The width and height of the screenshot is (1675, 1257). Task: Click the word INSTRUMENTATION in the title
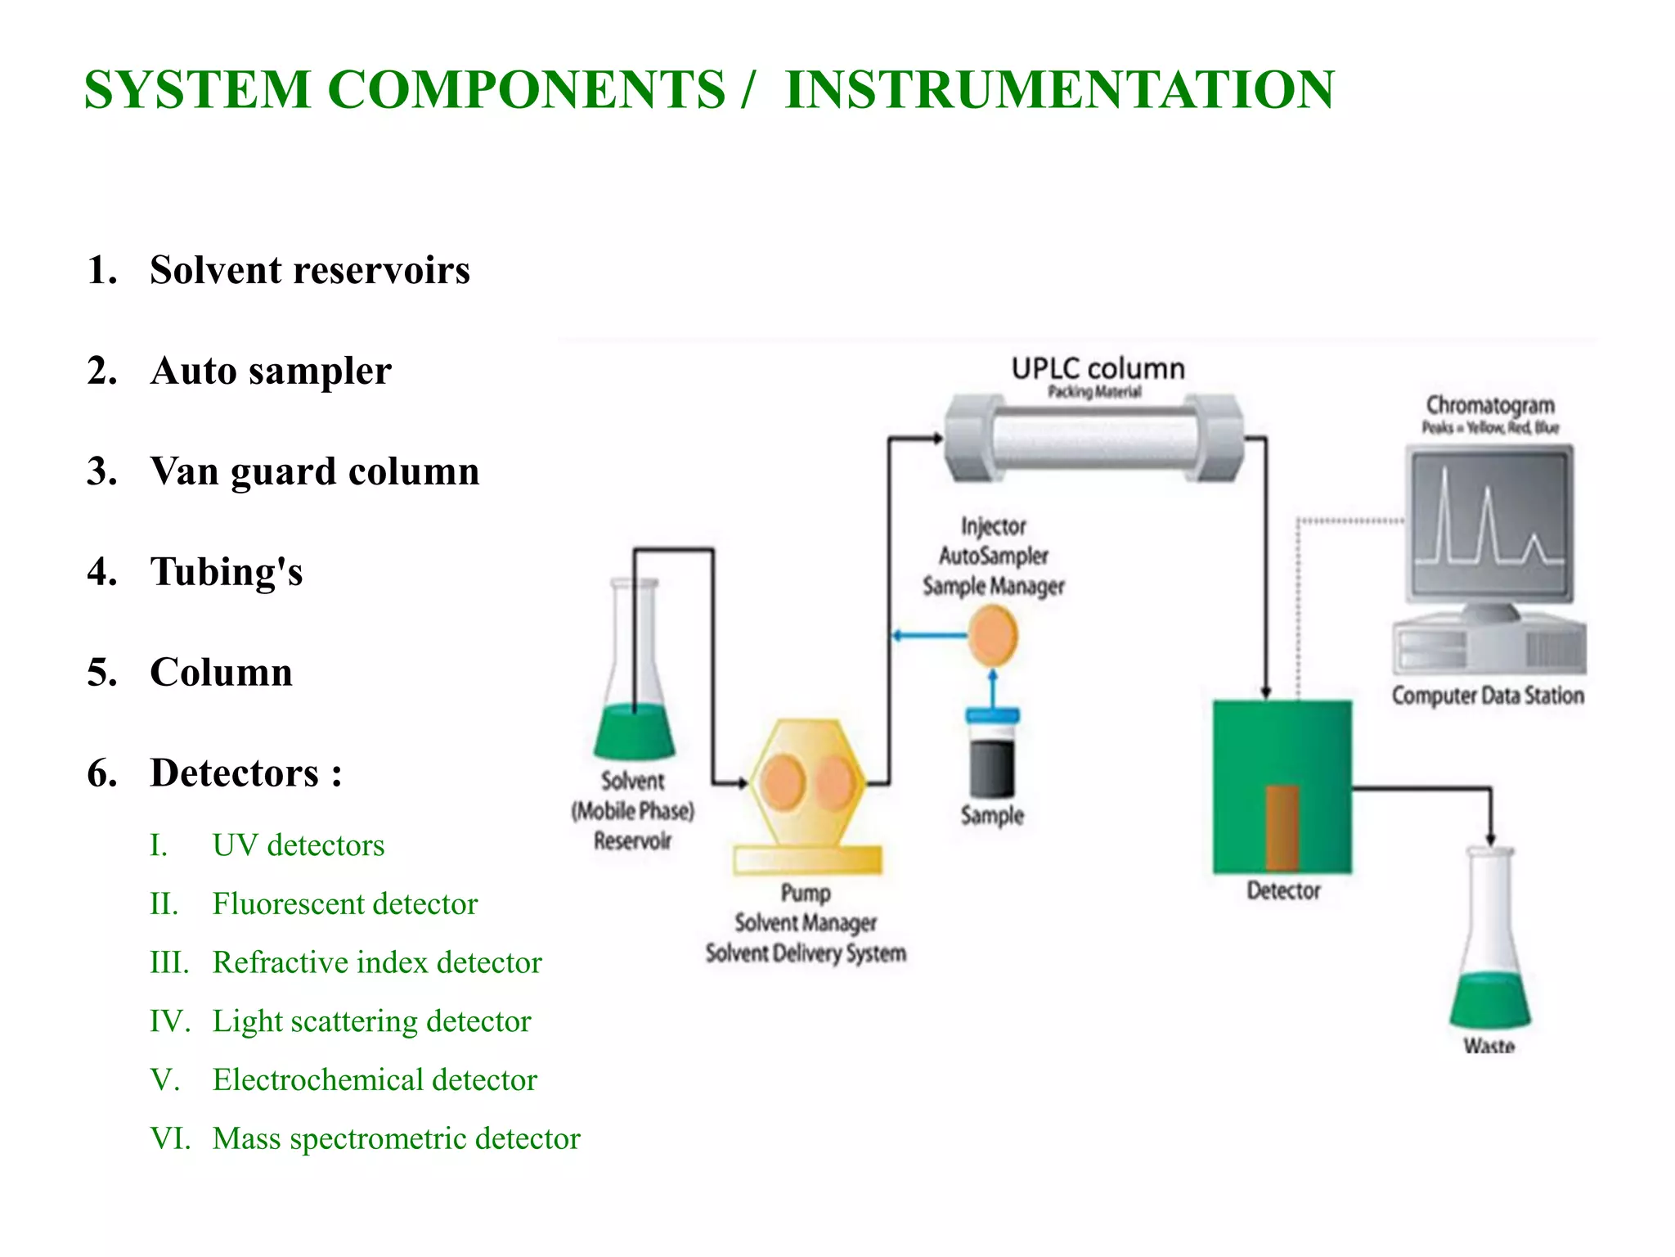pyautogui.click(x=1058, y=89)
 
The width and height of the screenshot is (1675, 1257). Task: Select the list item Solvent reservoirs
pyautogui.click(x=309, y=270)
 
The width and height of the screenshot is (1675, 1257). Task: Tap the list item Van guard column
pyautogui.click(x=314, y=471)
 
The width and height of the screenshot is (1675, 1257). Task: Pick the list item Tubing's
pyautogui.click(x=226, y=572)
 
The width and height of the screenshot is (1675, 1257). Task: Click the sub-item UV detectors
pyautogui.click(x=298, y=845)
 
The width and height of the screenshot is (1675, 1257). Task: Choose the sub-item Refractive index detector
pyautogui.click(x=376, y=962)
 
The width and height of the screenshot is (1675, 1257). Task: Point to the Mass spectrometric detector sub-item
pyautogui.click(x=396, y=1138)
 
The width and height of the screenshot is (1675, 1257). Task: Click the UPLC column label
pyautogui.click(x=1097, y=369)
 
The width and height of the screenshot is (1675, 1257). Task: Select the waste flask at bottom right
pyautogui.click(x=1489, y=966)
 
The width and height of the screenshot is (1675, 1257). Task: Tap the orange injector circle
pyautogui.click(x=993, y=636)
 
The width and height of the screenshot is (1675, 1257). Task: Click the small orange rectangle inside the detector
pyautogui.click(x=1282, y=827)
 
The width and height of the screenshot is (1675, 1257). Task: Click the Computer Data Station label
pyautogui.click(x=1487, y=696)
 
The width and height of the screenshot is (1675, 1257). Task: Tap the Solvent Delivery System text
pyautogui.click(x=806, y=953)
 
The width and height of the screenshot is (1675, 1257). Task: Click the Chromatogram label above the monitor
pyautogui.click(x=1489, y=406)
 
